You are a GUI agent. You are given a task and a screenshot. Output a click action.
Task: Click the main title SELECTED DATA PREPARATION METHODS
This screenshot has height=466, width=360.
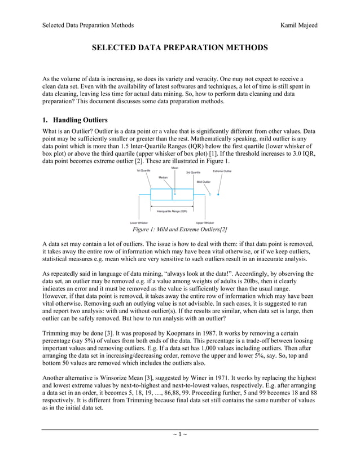point(180,49)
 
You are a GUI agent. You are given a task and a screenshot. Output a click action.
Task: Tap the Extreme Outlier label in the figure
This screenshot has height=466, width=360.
point(222,170)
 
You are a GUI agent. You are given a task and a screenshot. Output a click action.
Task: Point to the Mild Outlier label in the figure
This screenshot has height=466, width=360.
point(204,182)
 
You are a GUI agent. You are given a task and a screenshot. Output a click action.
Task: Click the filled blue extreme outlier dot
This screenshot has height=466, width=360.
point(218,195)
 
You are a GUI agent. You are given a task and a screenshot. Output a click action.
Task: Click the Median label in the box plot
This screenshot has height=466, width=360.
point(163,178)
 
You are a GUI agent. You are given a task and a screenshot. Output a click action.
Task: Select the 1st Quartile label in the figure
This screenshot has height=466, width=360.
point(143,170)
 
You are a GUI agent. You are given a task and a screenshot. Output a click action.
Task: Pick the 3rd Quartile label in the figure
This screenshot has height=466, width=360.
point(193,173)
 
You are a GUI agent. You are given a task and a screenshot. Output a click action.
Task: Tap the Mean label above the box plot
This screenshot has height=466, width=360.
point(174,168)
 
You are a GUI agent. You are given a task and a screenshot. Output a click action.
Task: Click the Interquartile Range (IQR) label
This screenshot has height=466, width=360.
point(172,210)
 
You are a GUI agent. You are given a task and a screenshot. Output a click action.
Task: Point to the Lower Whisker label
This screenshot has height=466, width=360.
point(138,223)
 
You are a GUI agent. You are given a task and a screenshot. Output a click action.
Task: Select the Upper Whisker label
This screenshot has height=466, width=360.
point(204,223)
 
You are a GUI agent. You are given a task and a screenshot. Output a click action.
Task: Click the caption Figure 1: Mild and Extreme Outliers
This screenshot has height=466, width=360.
point(179,230)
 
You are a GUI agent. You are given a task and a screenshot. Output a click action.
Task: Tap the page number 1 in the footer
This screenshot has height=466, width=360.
point(179,434)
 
